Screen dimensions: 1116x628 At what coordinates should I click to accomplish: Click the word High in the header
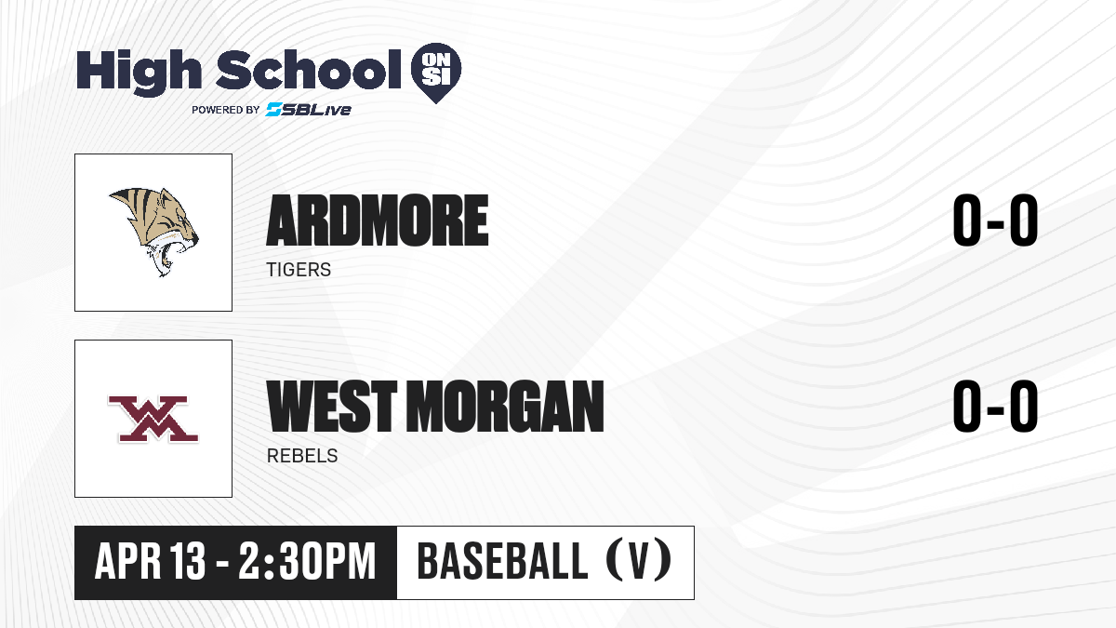coord(139,73)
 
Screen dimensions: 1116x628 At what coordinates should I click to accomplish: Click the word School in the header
coord(309,70)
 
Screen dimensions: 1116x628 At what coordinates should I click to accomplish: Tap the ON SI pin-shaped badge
coord(436,73)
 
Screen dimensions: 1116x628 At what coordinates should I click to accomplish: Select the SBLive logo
coord(309,110)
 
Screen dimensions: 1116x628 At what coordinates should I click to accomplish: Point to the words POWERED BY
coord(226,110)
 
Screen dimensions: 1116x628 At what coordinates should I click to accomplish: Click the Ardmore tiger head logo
coord(154,232)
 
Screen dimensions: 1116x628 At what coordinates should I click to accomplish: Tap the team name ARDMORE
coord(378,220)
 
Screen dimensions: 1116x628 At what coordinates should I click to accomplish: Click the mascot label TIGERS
coord(299,270)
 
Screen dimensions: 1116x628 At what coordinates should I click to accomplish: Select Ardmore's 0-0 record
coord(995,220)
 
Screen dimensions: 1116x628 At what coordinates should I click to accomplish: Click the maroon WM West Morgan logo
coord(153,420)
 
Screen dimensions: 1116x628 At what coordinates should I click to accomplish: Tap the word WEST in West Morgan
coord(332,407)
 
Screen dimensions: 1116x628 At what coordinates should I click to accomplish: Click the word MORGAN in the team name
coord(505,407)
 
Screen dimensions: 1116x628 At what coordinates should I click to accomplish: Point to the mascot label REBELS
coord(302,456)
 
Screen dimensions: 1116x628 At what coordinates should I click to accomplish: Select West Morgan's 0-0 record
coord(995,407)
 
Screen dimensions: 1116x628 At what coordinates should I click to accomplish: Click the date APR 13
coord(150,561)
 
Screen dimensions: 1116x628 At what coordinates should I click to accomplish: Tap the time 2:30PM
coord(307,561)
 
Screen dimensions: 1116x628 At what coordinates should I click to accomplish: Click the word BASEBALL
coord(503,561)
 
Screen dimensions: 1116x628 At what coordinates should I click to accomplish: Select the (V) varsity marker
coord(639,560)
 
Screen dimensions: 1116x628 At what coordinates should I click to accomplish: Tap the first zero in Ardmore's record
coord(966,220)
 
